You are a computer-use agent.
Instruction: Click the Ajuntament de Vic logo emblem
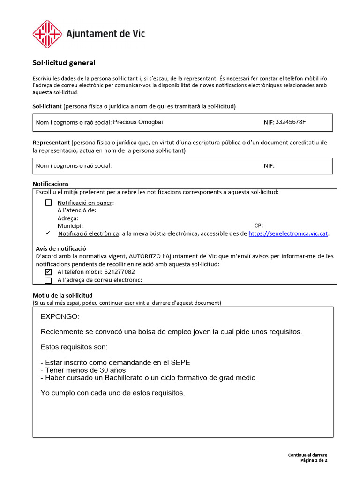47,34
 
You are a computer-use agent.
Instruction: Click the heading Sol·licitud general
64,62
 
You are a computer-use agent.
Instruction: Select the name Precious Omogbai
138,122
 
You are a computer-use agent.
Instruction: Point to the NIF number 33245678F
291,122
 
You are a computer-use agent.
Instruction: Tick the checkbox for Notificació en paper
49,202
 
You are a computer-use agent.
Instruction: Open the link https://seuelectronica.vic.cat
288,233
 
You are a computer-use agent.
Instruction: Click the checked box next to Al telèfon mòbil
48,272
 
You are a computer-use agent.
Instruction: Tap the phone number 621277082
120,272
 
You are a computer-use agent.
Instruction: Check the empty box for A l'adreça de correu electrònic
48,280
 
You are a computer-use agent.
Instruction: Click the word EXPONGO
60,317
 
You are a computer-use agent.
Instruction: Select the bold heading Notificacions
51,184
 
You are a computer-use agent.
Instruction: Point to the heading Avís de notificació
61,248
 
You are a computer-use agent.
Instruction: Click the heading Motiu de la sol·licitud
62,295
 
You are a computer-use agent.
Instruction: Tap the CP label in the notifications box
259,225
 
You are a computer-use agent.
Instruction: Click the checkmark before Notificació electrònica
48,233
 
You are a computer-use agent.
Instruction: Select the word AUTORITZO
149,256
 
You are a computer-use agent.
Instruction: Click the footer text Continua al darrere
307,455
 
